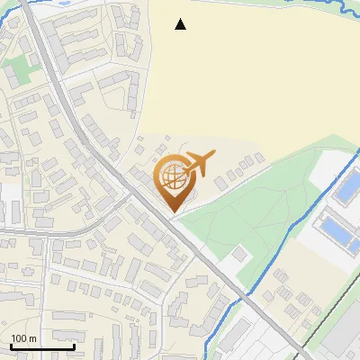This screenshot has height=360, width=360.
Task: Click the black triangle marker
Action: (181, 24)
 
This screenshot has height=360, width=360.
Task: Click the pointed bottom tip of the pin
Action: (172, 212)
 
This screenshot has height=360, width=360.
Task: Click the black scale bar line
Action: (42, 346)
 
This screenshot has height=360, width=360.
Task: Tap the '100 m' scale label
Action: (23, 338)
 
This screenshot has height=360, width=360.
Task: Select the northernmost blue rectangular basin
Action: (346, 190)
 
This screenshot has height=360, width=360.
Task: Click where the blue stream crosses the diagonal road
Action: (241, 293)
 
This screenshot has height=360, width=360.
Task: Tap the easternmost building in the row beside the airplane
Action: (260, 158)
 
